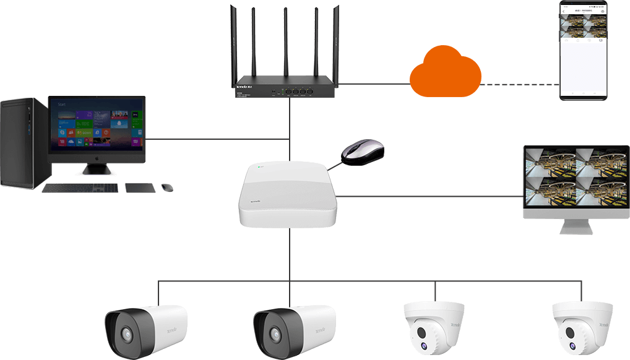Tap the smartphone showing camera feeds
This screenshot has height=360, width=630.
584,49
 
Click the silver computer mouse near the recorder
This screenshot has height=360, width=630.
363,152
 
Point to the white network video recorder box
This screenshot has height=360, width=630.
288,195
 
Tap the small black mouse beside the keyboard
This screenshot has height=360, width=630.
167,186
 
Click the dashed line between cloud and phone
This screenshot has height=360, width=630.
520,84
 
